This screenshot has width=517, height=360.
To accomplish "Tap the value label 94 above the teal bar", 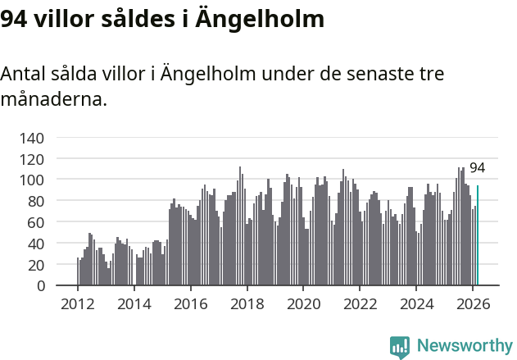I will [x=477, y=168].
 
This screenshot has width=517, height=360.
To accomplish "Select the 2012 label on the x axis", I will [x=78, y=303].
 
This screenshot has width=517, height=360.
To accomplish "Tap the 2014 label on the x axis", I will [x=134, y=303].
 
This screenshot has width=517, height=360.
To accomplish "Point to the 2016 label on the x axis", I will [x=190, y=303].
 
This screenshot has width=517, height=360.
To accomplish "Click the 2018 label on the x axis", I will [x=247, y=303].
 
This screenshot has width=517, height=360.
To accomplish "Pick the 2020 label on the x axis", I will [x=303, y=303].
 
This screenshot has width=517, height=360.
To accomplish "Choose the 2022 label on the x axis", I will [x=360, y=303].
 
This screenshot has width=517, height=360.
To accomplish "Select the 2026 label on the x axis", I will [x=473, y=303].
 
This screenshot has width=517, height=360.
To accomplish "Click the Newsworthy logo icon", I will [x=400, y=347].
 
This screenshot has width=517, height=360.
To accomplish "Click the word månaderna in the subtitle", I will [x=53, y=100].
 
